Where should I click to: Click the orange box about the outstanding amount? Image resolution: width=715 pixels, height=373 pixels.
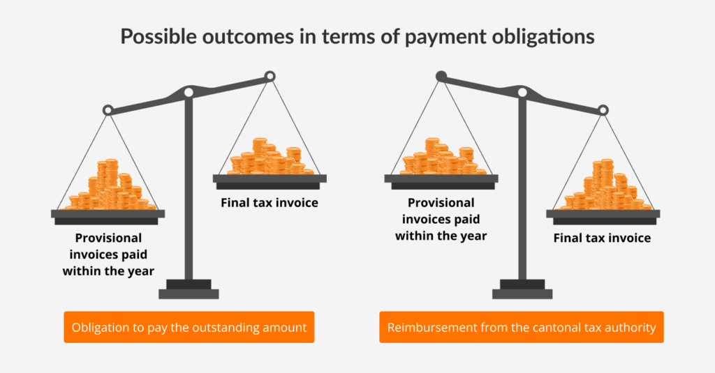click(189, 327)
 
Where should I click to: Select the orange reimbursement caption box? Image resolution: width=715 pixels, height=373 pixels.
click(521, 327)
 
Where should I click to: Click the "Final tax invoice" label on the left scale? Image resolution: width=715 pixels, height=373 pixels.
click(270, 203)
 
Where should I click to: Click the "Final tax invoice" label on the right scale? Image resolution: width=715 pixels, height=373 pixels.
click(602, 238)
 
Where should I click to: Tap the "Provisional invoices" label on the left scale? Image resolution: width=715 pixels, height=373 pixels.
click(108, 253)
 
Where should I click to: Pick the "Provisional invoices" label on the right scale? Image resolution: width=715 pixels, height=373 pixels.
click(441, 219)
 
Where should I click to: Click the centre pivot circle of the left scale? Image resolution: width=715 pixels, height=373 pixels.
click(188, 92)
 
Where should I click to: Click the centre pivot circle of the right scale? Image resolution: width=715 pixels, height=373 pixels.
click(521, 92)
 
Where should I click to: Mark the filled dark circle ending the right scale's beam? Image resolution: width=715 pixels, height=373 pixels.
click(441, 75)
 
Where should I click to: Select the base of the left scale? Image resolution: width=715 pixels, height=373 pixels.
click(189, 289)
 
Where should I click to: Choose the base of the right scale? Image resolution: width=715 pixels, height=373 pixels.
click(522, 289)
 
